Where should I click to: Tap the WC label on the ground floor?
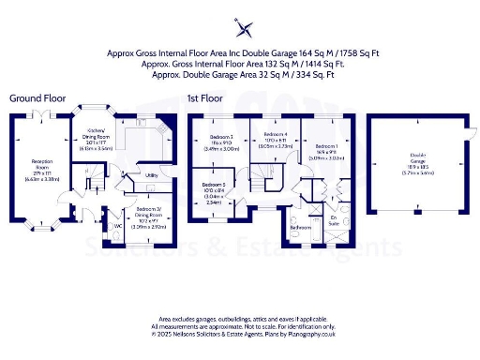point(117,225)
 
